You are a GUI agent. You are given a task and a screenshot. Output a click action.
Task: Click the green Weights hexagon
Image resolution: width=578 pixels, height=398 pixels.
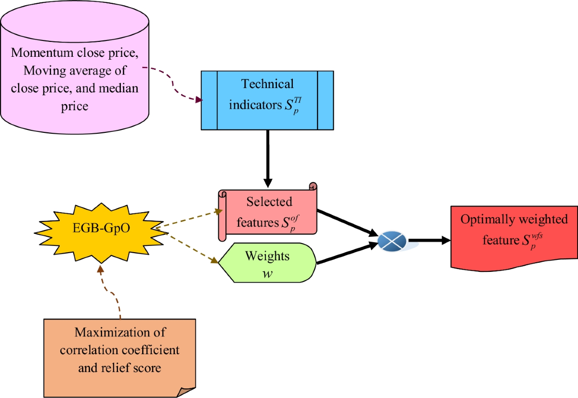267,263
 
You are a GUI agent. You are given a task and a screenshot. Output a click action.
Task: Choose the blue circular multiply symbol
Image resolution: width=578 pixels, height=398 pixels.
392,240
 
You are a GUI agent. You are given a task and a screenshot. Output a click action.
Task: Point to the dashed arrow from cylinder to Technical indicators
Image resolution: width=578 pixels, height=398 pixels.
173,82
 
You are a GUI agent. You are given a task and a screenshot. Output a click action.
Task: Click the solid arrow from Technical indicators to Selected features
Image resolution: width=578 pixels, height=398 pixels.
268,156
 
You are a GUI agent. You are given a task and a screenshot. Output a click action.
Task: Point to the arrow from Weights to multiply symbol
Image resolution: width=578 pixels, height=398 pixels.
347,254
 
